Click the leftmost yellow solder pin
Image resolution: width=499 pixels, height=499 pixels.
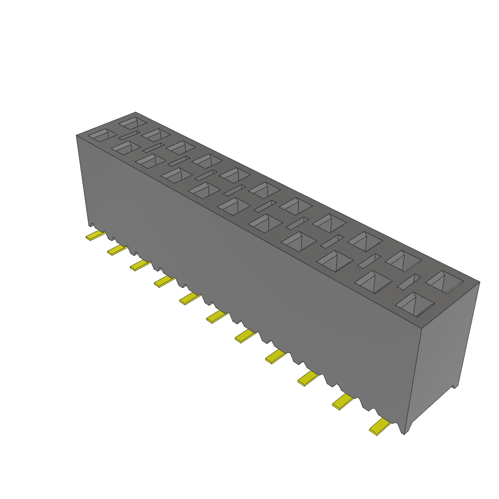tap(95, 236)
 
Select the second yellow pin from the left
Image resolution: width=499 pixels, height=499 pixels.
tap(117, 250)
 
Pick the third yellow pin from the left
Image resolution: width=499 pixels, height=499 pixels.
tap(140, 265)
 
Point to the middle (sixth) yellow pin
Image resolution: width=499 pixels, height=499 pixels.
tap(217, 317)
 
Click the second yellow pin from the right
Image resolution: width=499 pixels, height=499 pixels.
tap(343, 401)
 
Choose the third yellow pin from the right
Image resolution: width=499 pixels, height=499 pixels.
tap(307, 378)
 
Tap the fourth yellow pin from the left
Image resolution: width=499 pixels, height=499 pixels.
tap(164, 281)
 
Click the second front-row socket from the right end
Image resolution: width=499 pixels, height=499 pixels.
tap(374, 282)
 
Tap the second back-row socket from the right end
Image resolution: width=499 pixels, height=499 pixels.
tap(403, 260)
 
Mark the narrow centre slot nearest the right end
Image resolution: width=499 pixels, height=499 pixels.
tap(409, 281)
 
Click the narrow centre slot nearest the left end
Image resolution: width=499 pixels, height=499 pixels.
tap(129, 134)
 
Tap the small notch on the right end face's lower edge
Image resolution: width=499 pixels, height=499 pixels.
tap(454, 387)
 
